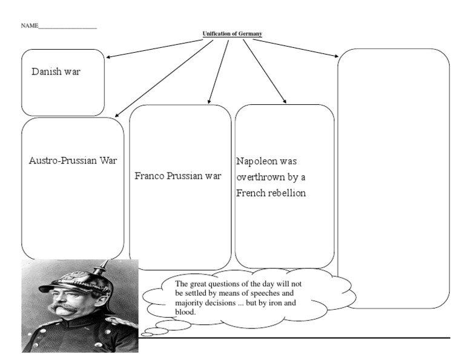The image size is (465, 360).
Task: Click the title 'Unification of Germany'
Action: pyautogui.click(x=232, y=34)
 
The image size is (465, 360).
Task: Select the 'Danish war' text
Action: pyautogui.click(x=56, y=72)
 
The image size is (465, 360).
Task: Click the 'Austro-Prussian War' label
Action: pyautogui.click(x=73, y=161)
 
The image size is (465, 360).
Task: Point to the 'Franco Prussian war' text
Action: pyautogui.click(x=177, y=176)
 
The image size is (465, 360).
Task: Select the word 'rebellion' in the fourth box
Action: pyautogui.click(x=287, y=193)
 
